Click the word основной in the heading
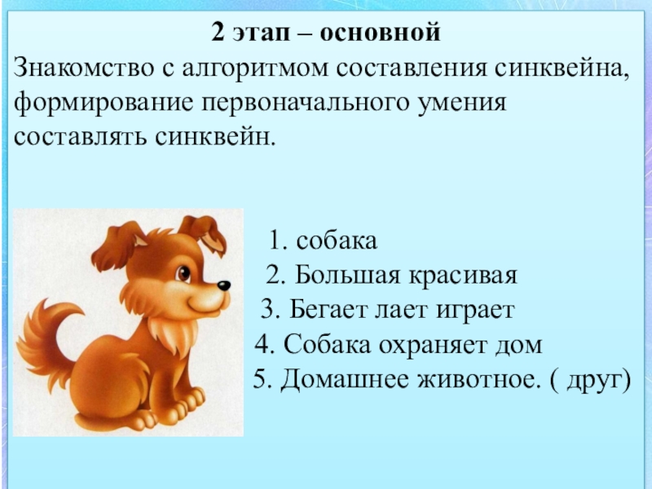tap(380, 33)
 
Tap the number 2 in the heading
tap(218, 32)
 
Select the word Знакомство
tap(84, 68)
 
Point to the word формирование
tap(104, 104)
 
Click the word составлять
tap(80, 137)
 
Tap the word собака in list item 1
tap(337, 240)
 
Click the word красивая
tap(463, 276)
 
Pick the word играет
tap(475, 311)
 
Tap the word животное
tap(477, 380)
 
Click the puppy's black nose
tap(224, 286)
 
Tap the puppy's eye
tap(183, 274)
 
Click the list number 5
tap(259, 379)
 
